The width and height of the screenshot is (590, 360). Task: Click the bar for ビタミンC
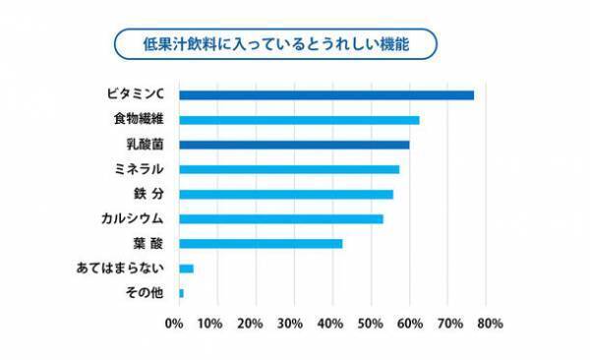click(326, 95)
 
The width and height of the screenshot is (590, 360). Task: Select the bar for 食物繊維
click(299, 120)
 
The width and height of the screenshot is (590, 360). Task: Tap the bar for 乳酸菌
click(294, 145)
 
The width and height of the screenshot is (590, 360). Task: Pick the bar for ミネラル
click(289, 169)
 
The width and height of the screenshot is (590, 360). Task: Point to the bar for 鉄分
click(286, 194)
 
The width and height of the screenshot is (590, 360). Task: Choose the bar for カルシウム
click(281, 218)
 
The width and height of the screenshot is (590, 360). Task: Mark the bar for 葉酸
click(261, 243)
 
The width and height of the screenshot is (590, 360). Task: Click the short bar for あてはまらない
click(186, 268)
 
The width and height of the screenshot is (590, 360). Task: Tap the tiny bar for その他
click(181, 292)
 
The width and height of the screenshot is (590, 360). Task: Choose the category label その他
click(146, 292)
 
